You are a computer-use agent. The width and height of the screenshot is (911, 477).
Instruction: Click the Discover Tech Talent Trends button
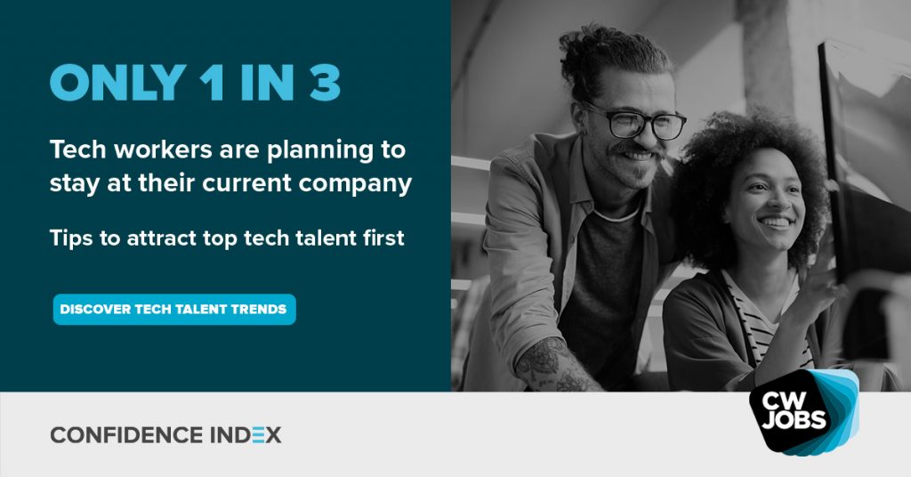pyautogui.click(x=174, y=309)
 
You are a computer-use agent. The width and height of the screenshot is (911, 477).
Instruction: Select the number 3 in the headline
pyautogui.click(x=325, y=83)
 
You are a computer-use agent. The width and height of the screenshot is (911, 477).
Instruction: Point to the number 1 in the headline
pyautogui.click(x=213, y=83)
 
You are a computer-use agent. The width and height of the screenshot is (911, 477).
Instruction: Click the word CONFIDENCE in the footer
pyautogui.click(x=126, y=435)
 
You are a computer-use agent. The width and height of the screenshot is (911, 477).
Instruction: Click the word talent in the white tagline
pyautogui.click(x=326, y=238)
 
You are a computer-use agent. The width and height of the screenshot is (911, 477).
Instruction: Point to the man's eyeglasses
pyautogui.click(x=635, y=121)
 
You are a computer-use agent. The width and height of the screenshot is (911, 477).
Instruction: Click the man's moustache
pyautogui.click(x=635, y=150)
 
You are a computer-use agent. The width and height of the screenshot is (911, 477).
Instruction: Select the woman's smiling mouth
pyautogui.click(x=776, y=222)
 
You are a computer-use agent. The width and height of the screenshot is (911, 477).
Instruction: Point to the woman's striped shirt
pyautogui.click(x=762, y=317)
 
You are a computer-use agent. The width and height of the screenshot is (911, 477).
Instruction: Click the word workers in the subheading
pyautogui.click(x=164, y=150)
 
